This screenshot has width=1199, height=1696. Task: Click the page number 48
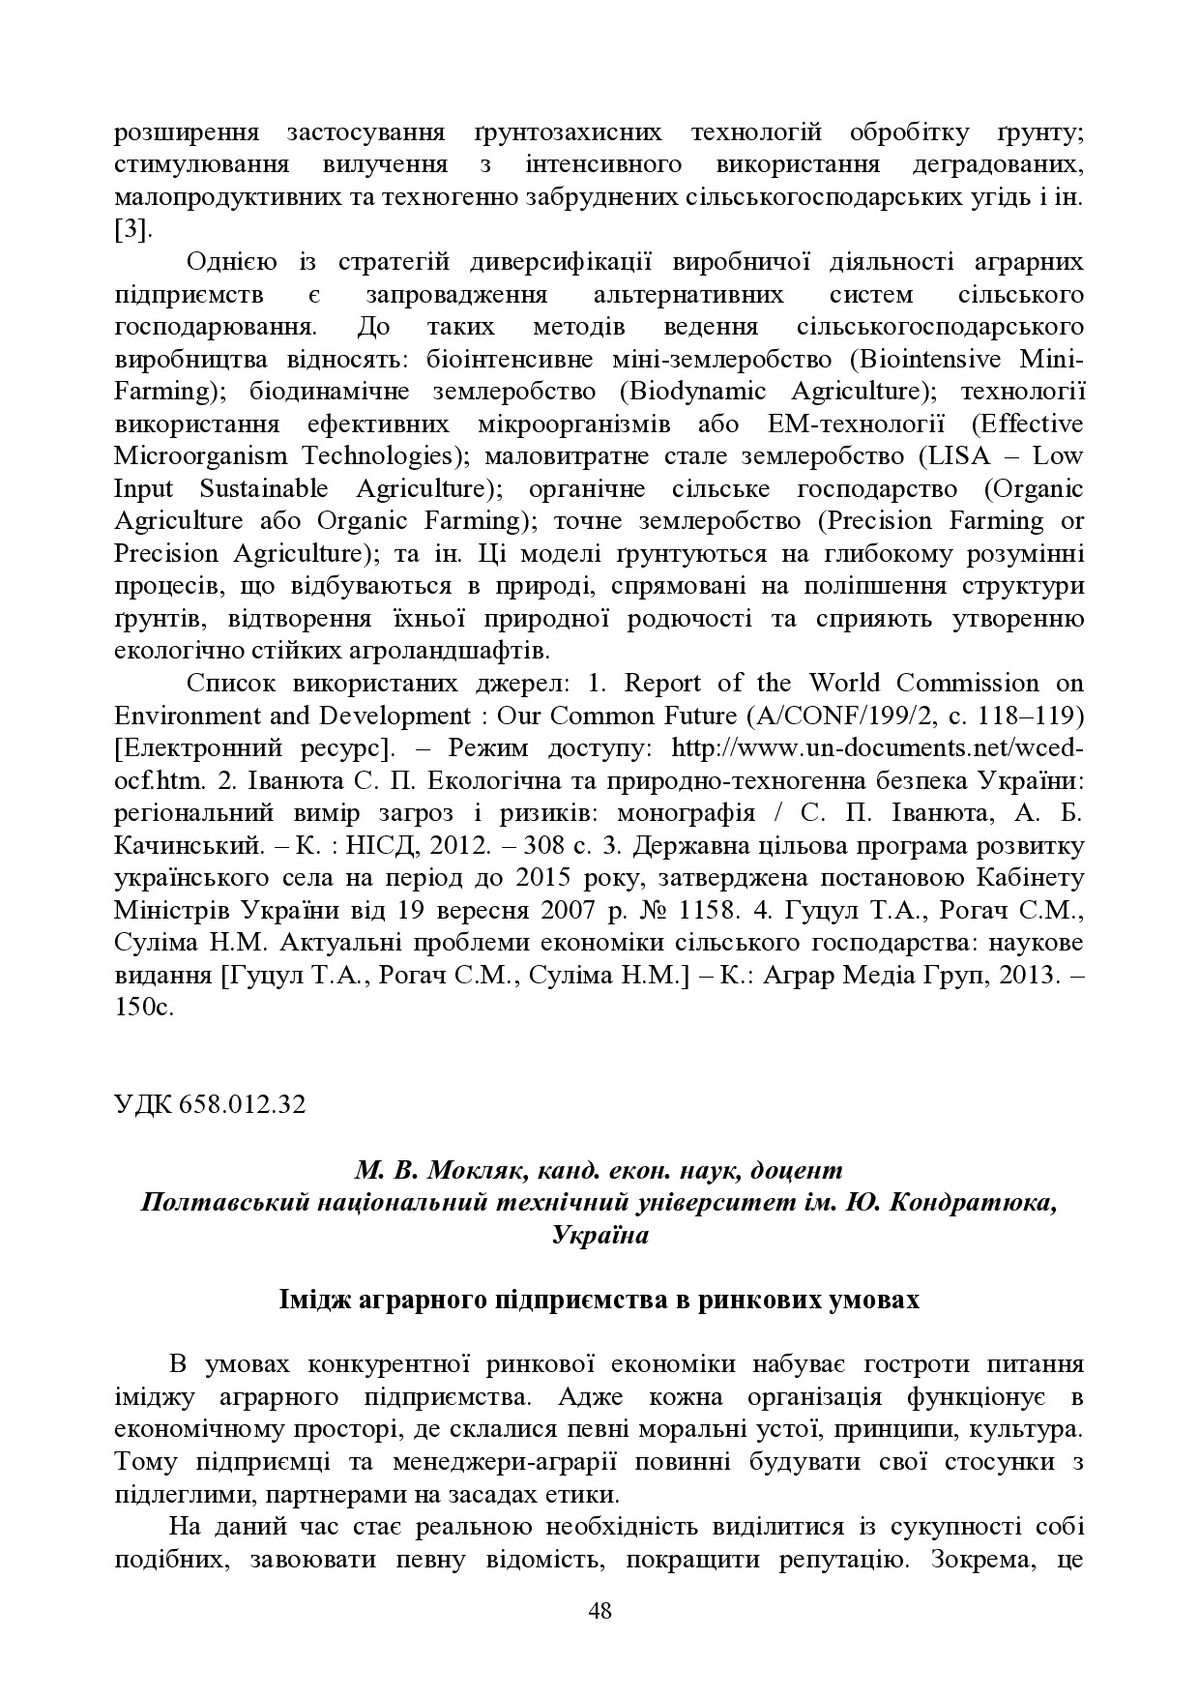pyautogui.click(x=599, y=1610)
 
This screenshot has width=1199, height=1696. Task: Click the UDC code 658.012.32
pyautogui.click(x=242, y=1104)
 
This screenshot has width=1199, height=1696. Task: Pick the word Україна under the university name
pyautogui.click(x=599, y=1235)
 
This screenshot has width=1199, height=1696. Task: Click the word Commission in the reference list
pyautogui.click(x=967, y=684)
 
